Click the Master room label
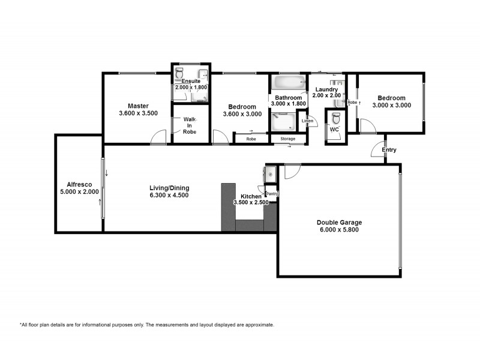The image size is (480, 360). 138,106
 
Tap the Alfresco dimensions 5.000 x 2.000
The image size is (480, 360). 79,192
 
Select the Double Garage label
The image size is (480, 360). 339,223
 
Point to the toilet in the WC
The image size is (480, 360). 336,118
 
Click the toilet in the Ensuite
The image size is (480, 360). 179,73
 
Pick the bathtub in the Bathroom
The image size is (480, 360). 289,82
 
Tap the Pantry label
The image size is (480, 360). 272,194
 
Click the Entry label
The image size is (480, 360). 389,149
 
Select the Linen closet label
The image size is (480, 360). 307,121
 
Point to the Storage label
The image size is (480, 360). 288,139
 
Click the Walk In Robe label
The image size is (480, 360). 190,125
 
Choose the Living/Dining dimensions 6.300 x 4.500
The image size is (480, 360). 169,196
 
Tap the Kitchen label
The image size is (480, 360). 251,197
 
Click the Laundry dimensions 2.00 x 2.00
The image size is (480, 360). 326,95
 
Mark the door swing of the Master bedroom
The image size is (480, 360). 158,137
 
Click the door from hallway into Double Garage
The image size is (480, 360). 292,172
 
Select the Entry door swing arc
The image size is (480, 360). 377,149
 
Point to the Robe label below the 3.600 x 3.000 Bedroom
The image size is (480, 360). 251,139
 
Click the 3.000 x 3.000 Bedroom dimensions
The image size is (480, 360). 392,106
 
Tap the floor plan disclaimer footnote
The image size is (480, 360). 147,325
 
